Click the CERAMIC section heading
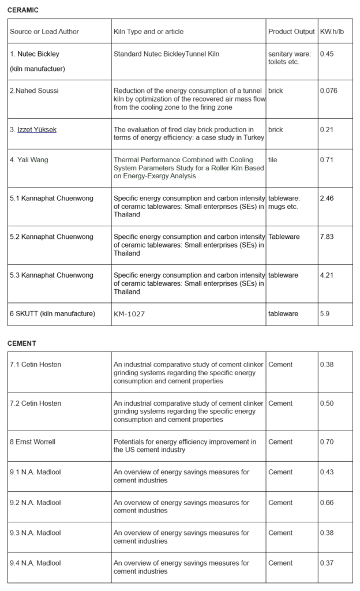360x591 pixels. click(x=23, y=10)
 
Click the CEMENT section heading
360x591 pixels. click(x=22, y=343)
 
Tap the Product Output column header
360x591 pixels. click(x=291, y=31)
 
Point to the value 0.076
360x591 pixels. click(x=328, y=91)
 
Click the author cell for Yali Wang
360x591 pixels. click(x=29, y=160)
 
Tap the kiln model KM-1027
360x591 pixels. click(x=131, y=314)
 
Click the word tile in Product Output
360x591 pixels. click(x=273, y=160)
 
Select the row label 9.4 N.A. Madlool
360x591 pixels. click(x=35, y=563)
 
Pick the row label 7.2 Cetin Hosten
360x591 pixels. click(x=35, y=403)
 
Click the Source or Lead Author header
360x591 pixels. click(x=44, y=31)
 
